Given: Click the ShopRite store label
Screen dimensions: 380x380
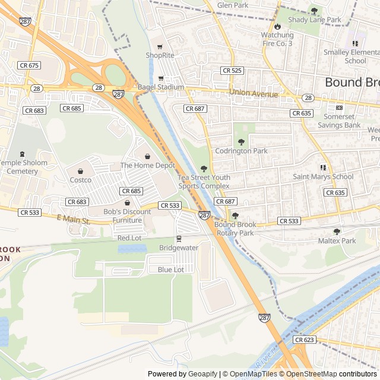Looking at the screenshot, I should (160, 55).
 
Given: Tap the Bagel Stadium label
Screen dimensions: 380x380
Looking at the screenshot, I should (161, 87).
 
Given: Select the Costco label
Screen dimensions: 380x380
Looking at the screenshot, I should (80, 180).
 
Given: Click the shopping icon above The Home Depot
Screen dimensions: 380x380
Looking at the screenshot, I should (148, 156).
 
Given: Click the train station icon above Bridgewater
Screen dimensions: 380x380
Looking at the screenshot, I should (178, 239).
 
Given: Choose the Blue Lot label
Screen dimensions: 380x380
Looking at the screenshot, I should (170, 270).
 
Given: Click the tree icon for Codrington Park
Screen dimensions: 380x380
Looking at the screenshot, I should (241, 142).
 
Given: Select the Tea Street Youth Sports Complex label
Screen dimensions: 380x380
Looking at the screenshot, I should (204, 182).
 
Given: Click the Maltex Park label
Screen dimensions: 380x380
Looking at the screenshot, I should (337, 240).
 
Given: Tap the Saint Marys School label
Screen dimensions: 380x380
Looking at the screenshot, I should (323, 176).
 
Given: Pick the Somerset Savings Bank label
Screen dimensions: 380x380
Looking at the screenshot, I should (339, 121).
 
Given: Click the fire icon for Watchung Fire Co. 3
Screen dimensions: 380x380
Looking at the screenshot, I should (277, 27).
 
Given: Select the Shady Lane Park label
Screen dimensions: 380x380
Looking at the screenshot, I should (314, 20).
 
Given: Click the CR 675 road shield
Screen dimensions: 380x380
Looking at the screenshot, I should (28, 65).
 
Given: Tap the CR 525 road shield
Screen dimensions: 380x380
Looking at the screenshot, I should (232, 71).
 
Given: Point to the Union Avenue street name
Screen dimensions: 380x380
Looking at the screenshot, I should (254, 94).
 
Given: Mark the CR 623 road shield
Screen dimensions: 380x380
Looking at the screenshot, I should (304, 340).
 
